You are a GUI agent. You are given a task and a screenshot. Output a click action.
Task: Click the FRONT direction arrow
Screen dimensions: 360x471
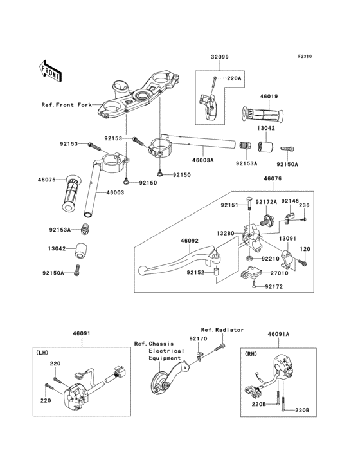[x=50, y=71]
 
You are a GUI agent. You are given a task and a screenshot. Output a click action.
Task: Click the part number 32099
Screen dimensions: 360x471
[x=220, y=57]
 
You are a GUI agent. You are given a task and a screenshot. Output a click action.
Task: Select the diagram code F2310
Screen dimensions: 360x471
[x=305, y=56]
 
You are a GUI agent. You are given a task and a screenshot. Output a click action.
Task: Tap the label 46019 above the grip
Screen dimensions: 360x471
[x=269, y=97]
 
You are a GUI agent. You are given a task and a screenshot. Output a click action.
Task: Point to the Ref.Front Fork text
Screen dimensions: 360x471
[x=66, y=105]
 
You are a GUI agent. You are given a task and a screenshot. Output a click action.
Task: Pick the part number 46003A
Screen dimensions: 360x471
[x=203, y=160]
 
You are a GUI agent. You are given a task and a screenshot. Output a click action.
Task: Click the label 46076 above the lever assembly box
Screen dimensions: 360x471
[x=273, y=178]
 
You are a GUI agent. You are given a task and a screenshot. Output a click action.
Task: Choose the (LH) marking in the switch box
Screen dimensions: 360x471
[x=42, y=353]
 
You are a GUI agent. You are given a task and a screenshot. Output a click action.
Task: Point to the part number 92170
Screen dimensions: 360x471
[x=198, y=338]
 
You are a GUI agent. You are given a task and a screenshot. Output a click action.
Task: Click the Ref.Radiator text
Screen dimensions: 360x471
[x=222, y=330]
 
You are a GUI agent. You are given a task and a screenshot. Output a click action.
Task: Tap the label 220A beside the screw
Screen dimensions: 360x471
[x=234, y=78]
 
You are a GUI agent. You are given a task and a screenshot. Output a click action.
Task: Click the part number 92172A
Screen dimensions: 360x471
[x=266, y=203]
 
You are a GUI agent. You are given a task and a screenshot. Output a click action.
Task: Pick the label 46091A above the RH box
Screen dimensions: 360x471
[x=279, y=334]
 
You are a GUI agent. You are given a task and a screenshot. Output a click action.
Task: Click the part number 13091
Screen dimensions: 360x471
[x=288, y=239]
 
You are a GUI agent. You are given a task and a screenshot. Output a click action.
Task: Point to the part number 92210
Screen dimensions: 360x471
[x=270, y=259]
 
